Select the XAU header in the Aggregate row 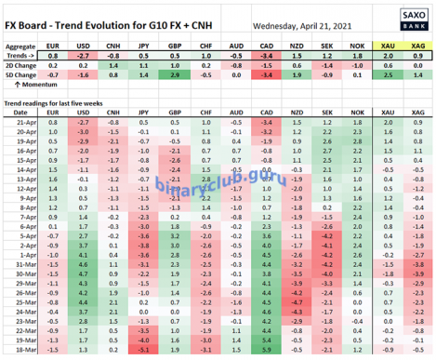pyautogui.click(x=387, y=45)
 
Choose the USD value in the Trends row pyautogui.click(x=83, y=56)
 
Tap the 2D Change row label pyautogui.click(x=20, y=67)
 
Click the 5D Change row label pyautogui.click(x=20, y=77)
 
